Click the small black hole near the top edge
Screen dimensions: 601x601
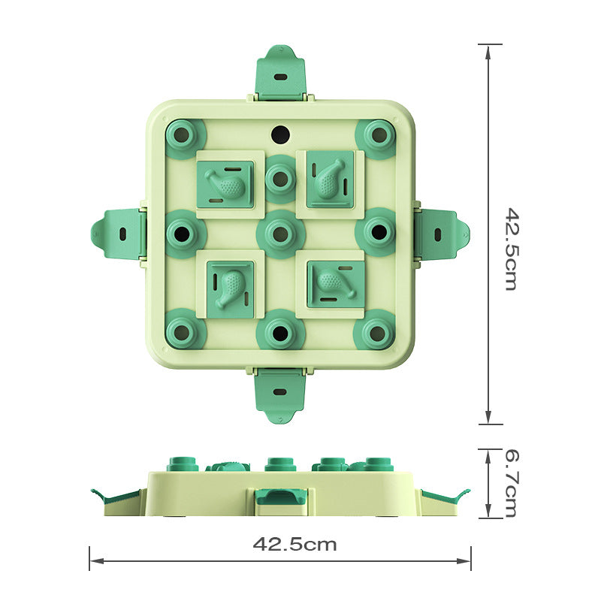click(x=279, y=134)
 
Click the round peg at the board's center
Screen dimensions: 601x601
click(x=279, y=234)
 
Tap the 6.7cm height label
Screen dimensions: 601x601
click(x=510, y=483)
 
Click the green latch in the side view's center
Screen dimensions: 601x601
click(x=279, y=499)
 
